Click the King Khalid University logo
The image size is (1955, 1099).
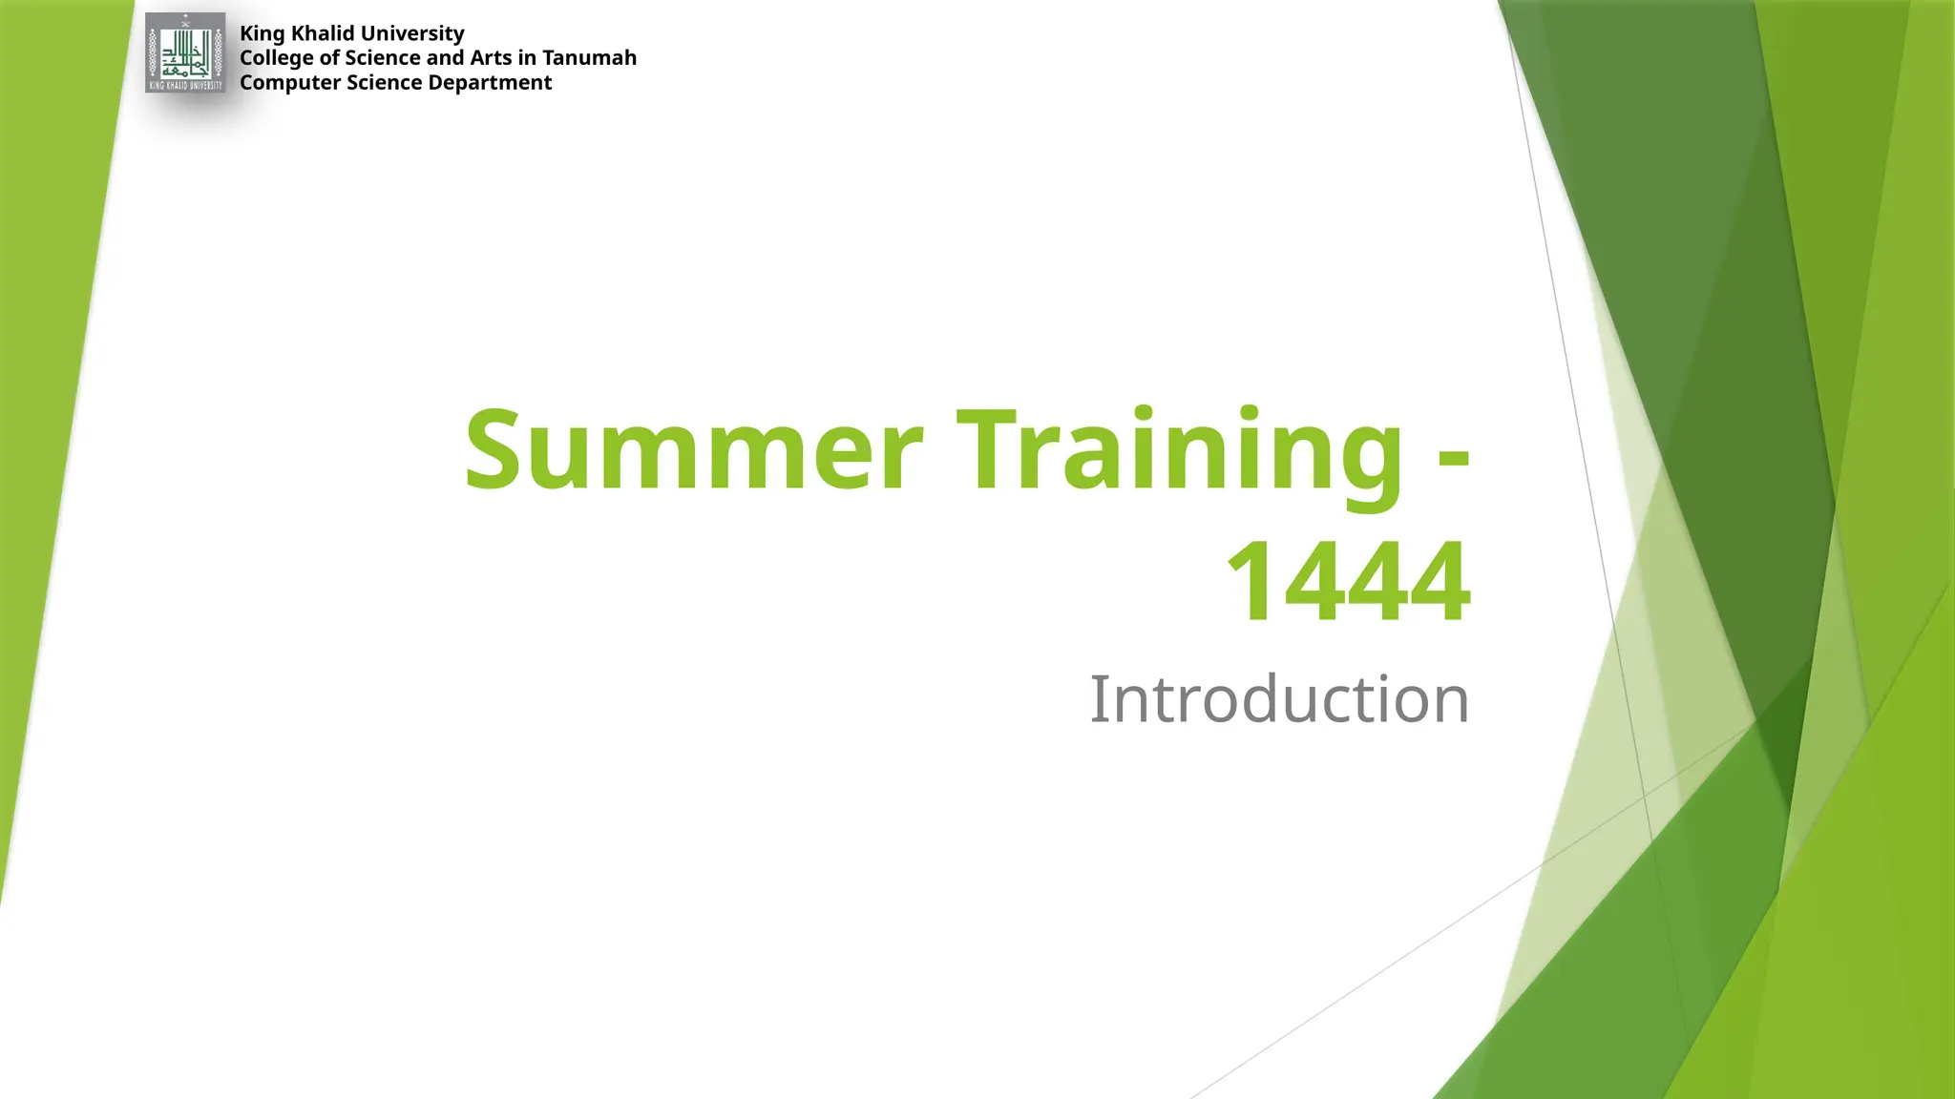[x=185, y=53]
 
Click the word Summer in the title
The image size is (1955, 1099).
[x=693, y=448]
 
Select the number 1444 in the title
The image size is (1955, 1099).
[x=1348, y=580]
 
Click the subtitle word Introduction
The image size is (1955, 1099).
[x=1279, y=699]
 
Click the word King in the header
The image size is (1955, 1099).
[x=262, y=34]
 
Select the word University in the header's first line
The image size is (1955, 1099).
[x=412, y=33]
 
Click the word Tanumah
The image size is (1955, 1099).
[x=589, y=58]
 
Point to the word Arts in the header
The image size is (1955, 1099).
[x=490, y=58]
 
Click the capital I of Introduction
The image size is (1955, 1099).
[x=1099, y=699]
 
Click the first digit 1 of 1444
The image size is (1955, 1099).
[x=1252, y=580]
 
